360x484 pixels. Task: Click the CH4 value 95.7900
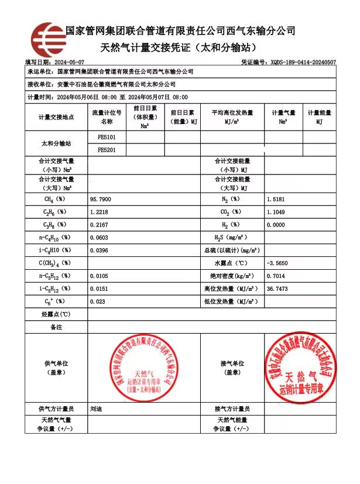pyautogui.click(x=100, y=200)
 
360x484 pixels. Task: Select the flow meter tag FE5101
pyautogui.click(x=106, y=138)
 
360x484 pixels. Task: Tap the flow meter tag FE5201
pyautogui.click(x=106, y=150)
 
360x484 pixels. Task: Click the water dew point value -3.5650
pyautogui.click(x=277, y=263)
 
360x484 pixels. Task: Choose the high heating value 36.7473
pyautogui.click(x=277, y=289)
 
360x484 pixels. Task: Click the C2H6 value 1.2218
pyautogui.click(x=99, y=212)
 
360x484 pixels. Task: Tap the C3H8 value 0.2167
pyautogui.click(x=99, y=225)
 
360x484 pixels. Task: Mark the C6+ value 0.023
pyautogui.click(x=97, y=301)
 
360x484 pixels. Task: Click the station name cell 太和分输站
pyautogui.click(x=56, y=144)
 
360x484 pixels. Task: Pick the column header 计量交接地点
pyautogui.click(x=56, y=117)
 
